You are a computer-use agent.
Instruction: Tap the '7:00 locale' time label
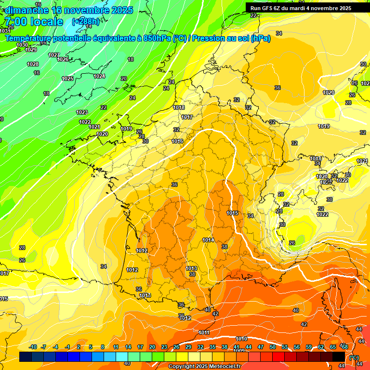click(33, 22)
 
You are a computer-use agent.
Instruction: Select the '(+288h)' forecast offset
click(86, 22)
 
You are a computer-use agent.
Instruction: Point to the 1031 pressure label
click(4, 31)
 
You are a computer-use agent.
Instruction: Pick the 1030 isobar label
click(22, 45)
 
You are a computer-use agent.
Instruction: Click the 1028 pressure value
click(33, 64)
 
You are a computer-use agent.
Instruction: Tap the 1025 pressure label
click(67, 79)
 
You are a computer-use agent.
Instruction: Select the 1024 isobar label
click(99, 77)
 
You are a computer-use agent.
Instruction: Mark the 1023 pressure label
click(82, 112)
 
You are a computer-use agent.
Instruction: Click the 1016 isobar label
click(177, 141)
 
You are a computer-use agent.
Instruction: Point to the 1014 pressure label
click(208, 240)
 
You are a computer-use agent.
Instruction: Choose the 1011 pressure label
click(204, 332)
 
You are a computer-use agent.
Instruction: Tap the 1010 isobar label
click(241, 339)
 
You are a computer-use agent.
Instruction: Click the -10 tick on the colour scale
click(33, 347)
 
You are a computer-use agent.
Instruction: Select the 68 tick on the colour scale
click(345, 347)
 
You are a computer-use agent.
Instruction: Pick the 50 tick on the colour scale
click(273, 347)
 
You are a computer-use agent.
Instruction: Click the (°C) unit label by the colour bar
click(354, 357)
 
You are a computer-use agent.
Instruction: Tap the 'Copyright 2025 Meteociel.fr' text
click(205, 366)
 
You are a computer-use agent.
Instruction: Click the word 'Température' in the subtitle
click(28, 38)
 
